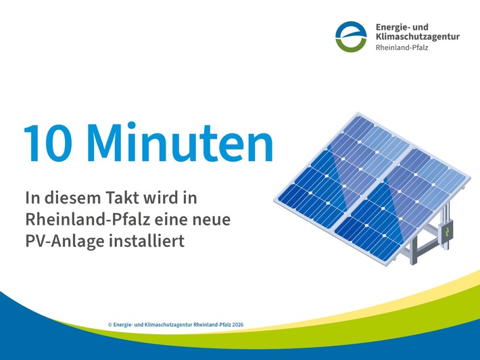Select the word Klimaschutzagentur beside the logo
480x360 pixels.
(x=417, y=37)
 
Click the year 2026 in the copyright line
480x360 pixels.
(x=237, y=325)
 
